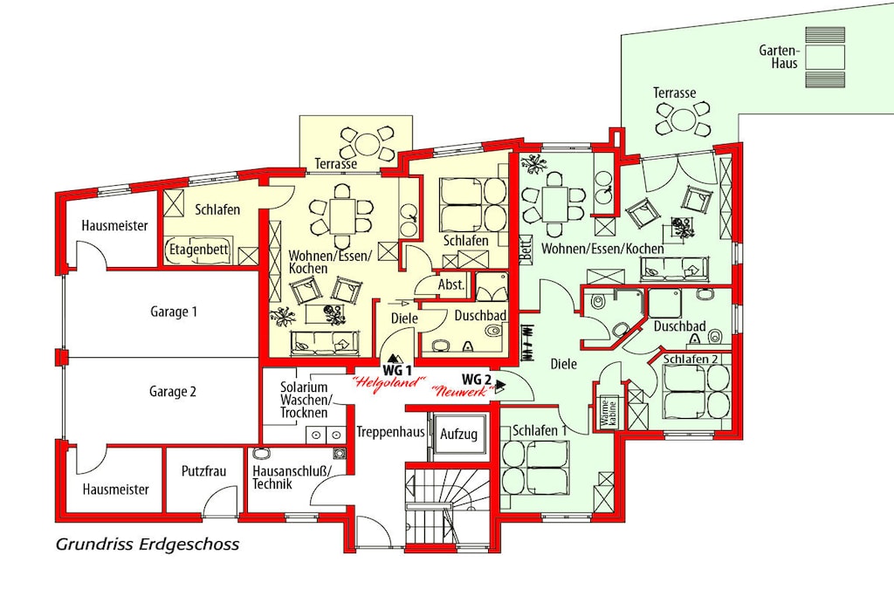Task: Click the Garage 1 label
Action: [x=174, y=312]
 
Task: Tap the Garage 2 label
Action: [x=173, y=392]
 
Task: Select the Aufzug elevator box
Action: [x=459, y=435]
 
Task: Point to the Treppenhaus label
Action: [x=390, y=432]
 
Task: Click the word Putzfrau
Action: [x=203, y=471]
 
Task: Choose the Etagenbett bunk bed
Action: [x=198, y=250]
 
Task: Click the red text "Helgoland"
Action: [x=390, y=382]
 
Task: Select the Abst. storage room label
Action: [x=451, y=284]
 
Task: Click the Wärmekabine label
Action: [x=609, y=413]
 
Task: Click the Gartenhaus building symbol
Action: [x=825, y=58]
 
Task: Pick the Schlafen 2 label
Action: [x=691, y=359]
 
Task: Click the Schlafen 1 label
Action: [x=540, y=431]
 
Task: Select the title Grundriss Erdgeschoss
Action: [x=148, y=545]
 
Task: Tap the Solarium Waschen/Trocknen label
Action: [x=304, y=400]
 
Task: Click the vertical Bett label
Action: [x=526, y=249]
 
